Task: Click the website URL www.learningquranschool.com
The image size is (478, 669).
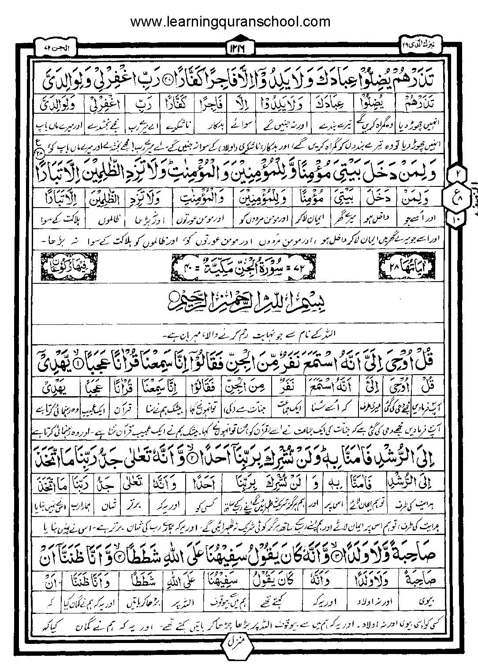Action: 230,21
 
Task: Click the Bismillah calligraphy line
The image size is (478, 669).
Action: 238,302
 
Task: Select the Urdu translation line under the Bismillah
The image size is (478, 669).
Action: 238,334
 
